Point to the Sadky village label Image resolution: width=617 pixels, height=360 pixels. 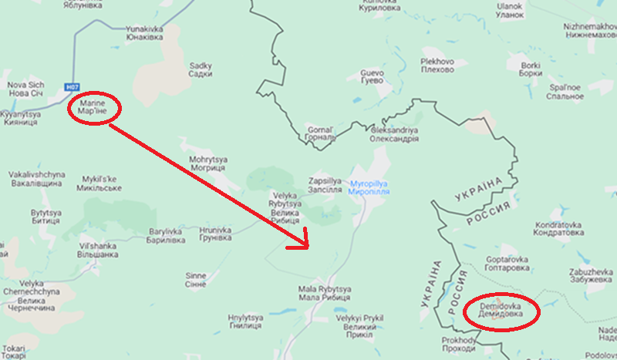pos(200,70)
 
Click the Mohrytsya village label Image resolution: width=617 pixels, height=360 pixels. pos(207,163)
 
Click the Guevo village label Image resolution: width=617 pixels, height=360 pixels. pos(372,76)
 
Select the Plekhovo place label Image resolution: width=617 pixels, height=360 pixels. pos(437,66)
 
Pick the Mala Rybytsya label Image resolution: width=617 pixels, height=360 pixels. pos(325,293)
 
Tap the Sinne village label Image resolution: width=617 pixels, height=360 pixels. pos(197,279)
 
